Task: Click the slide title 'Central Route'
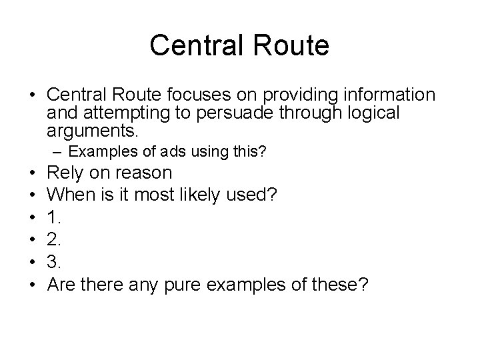[x=239, y=45]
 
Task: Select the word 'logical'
[x=371, y=113]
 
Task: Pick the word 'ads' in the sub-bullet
[x=155, y=153]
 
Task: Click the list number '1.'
[x=56, y=217]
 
